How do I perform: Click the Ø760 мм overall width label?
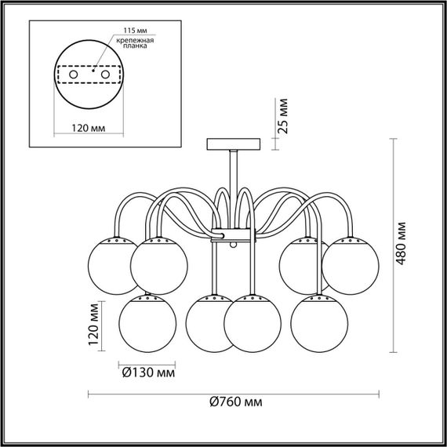point(235,402)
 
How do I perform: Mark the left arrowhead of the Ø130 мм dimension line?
point(121,364)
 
